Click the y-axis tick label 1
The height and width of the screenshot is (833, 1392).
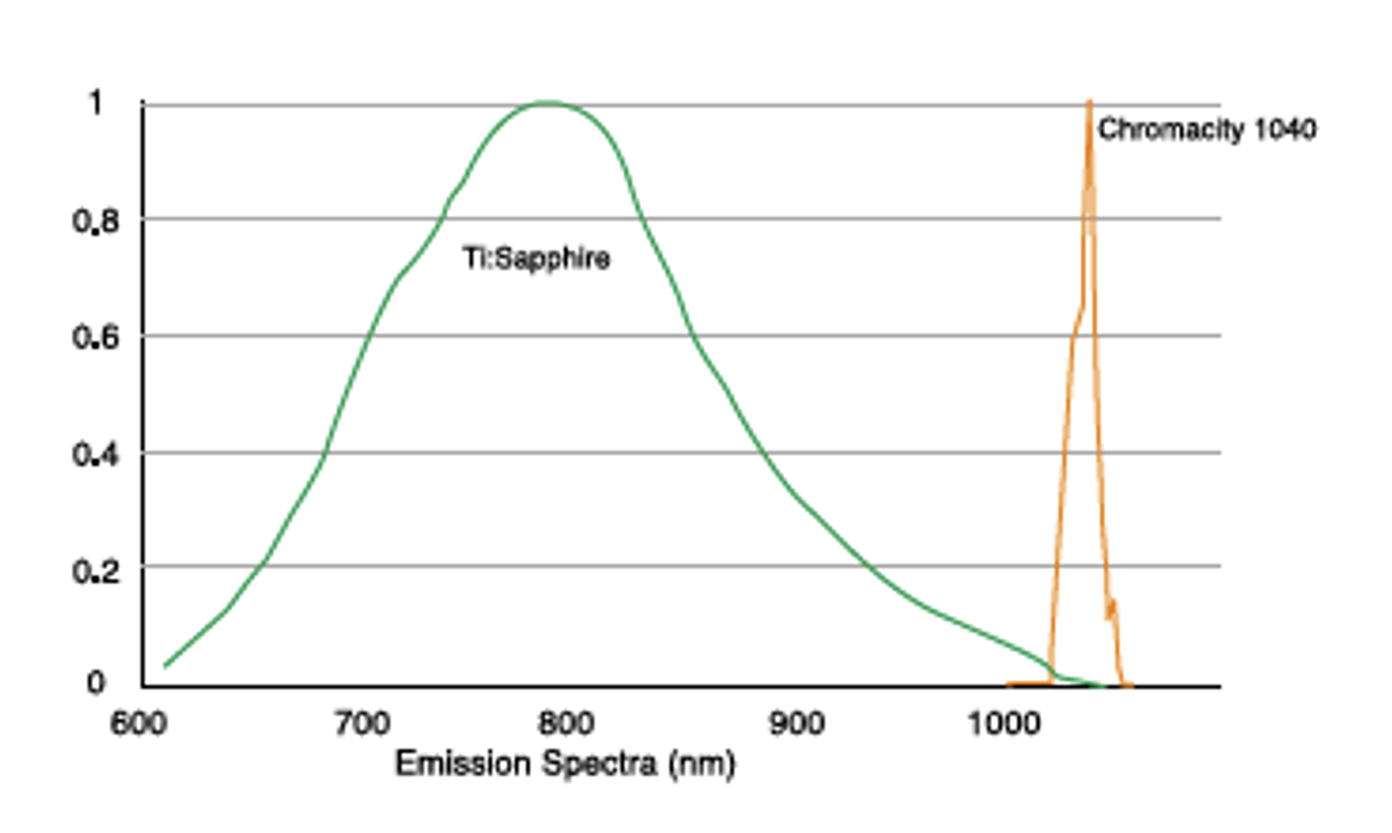(95, 103)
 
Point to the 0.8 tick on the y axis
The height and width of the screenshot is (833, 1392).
(95, 220)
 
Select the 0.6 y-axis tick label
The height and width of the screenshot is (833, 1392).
(95, 336)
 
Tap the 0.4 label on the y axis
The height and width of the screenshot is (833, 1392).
(95, 454)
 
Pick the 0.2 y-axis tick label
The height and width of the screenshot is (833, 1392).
(95, 571)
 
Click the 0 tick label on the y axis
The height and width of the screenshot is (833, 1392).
(95, 682)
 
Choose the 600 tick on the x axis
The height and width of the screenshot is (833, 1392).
(137, 724)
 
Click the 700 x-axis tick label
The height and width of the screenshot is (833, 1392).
(361, 724)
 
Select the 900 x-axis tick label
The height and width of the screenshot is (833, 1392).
(796, 724)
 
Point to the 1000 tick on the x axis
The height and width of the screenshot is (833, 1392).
(1004, 724)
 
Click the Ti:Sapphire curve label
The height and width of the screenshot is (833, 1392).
(537, 258)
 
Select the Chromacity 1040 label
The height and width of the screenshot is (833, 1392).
(1206, 129)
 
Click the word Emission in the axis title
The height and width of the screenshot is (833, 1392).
(463, 763)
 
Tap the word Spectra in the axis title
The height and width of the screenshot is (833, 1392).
(599, 763)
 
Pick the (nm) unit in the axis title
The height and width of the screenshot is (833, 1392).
(701, 763)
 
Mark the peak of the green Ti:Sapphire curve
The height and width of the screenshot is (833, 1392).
(547, 103)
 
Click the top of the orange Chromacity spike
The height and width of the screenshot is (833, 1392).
(1090, 101)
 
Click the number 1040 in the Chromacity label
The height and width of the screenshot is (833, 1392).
(1285, 129)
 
